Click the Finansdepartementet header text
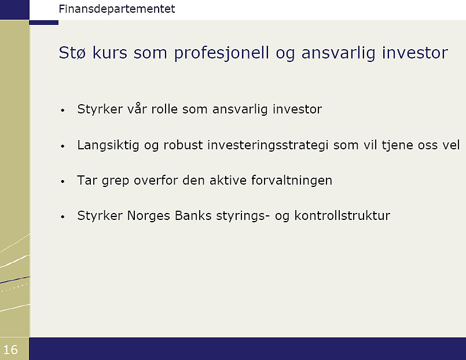[117, 9]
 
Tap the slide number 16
[10, 350]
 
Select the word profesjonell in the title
[221, 53]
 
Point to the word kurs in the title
[109, 53]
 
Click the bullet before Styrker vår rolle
[63, 111]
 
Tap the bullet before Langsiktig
[63, 146]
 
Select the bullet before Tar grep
[63, 182]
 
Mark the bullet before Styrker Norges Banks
[63, 217]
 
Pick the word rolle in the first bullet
[164, 109]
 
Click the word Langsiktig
[108, 145]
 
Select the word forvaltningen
[292, 181]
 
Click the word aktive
[228, 181]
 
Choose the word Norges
[149, 216]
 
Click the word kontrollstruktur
[342, 216]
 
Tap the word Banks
[193, 216]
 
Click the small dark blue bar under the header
[43, 23]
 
